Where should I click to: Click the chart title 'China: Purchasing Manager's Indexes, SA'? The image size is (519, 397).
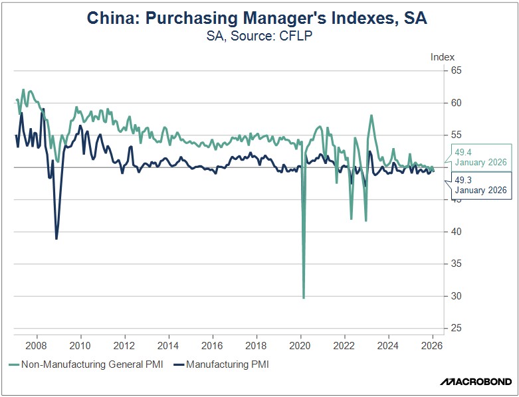point(260,19)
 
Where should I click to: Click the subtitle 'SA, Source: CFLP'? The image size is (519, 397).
point(260,37)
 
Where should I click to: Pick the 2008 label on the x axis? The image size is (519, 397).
point(36,345)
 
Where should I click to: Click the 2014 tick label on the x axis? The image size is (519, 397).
point(168,345)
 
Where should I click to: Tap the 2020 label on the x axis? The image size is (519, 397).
point(300,345)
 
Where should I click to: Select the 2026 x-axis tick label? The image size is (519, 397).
point(433,345)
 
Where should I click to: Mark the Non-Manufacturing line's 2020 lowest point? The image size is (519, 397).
point(304,298)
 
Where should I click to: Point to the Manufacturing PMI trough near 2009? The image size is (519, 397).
point(56,239)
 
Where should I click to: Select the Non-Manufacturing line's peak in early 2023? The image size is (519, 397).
point(371,116)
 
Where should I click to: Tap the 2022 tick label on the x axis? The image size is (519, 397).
point(344,345)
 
